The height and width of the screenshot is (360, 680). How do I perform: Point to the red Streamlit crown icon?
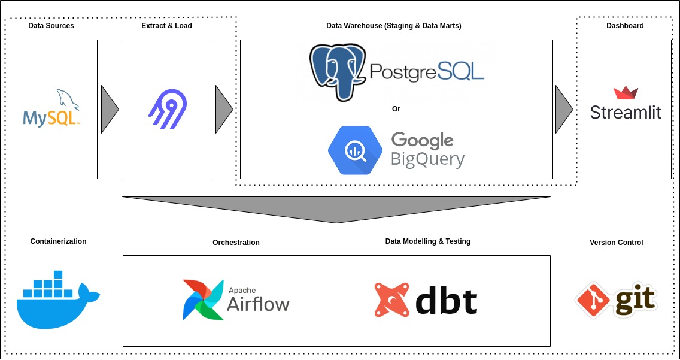(626, 92)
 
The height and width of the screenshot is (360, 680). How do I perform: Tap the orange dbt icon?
(391, 300)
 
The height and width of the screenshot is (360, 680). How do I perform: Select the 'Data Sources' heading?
(51, 26)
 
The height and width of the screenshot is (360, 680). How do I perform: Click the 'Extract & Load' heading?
(166, 26)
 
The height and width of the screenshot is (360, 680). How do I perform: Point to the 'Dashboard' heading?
(625, 26)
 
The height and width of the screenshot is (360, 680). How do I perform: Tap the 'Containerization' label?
(58, 241)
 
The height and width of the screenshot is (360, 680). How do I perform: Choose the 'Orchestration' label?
(236, 243)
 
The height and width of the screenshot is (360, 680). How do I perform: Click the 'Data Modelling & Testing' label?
(427, 241)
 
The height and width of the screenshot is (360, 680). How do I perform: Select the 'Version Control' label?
(616, 243)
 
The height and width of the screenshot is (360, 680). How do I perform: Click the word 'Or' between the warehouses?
(396, 109)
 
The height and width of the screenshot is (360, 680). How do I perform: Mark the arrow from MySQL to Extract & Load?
(108, 109)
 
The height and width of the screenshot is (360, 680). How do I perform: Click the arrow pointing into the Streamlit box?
(563, 109)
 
